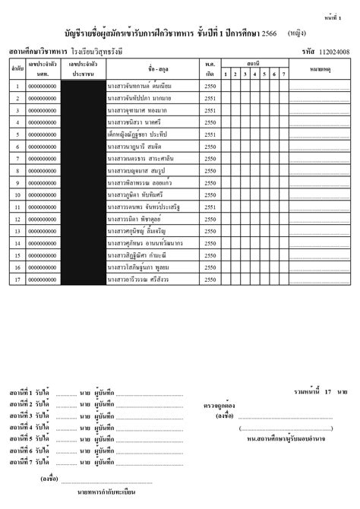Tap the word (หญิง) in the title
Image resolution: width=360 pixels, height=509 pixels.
[x=298, y=33]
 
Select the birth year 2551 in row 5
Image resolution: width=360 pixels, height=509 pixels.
[x=210, y=134]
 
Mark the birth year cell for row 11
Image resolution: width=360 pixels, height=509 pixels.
[x=210, y=207]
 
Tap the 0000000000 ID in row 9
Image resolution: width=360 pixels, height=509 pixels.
[x=43, y=182]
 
